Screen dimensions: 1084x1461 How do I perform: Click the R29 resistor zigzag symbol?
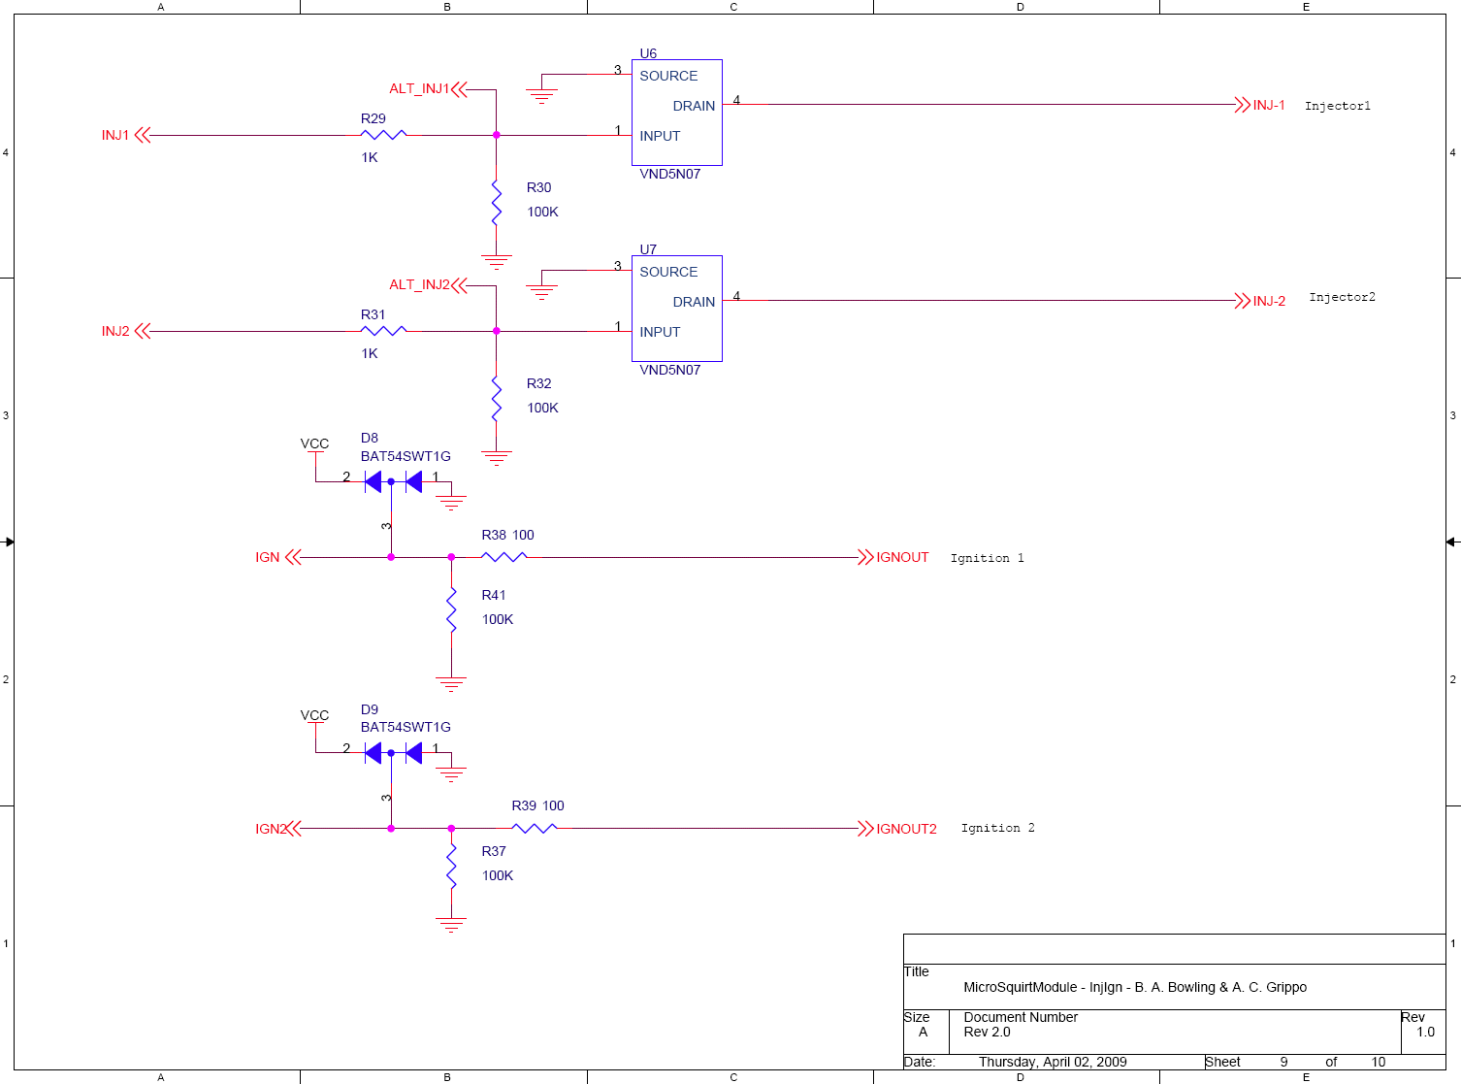[383, 135]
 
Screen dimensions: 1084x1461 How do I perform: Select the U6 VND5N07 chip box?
[676, 113]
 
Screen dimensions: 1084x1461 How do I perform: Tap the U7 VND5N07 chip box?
[676, 309]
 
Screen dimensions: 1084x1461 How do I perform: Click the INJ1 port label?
[115, 135]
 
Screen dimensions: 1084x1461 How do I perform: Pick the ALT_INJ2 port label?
[419, 284]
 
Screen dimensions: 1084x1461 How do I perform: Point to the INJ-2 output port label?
[1269, 301]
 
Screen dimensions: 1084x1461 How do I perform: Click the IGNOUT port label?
[902, 557]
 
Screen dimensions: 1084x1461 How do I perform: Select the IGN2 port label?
[270, 829]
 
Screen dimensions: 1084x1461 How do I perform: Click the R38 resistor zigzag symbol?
[503, 557]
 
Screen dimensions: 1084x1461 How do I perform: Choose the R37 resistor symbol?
[451, 866]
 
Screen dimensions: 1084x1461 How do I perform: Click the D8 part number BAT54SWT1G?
[406, 456]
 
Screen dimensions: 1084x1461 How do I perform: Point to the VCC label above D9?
[314, 715]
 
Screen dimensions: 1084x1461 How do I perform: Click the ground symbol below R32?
[496, 457]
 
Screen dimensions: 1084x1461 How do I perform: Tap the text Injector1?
[1337, 106]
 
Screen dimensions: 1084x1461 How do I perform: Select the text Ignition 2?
[997, 828]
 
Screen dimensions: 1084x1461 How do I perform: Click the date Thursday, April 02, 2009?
[1053, 1062]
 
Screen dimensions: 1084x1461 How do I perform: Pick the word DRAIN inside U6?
[694, 106]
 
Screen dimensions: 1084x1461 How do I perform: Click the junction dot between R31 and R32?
[496, 331]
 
